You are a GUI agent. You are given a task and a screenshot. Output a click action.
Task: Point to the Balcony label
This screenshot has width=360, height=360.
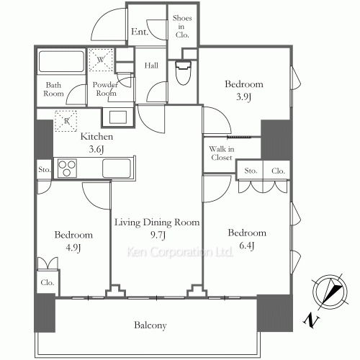point(150,325)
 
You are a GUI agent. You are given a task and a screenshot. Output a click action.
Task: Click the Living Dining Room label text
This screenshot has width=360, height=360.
point(156,222)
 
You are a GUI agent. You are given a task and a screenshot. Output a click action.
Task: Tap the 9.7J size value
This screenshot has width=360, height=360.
point(156,235)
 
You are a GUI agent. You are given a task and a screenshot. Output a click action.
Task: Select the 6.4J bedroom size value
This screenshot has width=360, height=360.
point(247,245)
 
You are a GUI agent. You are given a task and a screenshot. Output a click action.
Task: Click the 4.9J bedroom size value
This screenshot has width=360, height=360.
point(73,248)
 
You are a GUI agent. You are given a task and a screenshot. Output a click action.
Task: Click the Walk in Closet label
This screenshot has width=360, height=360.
point(221,153)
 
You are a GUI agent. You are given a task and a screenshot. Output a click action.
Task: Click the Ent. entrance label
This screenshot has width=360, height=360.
point(140,32)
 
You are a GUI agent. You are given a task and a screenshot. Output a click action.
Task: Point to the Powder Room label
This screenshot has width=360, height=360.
point(105,89)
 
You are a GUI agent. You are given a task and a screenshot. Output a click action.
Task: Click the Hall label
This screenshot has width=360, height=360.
point(151,66)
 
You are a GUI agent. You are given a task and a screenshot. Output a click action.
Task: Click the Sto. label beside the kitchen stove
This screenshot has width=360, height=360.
point(45,170)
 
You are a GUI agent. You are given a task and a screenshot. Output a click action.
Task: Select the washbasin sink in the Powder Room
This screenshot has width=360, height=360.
point(117,116)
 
